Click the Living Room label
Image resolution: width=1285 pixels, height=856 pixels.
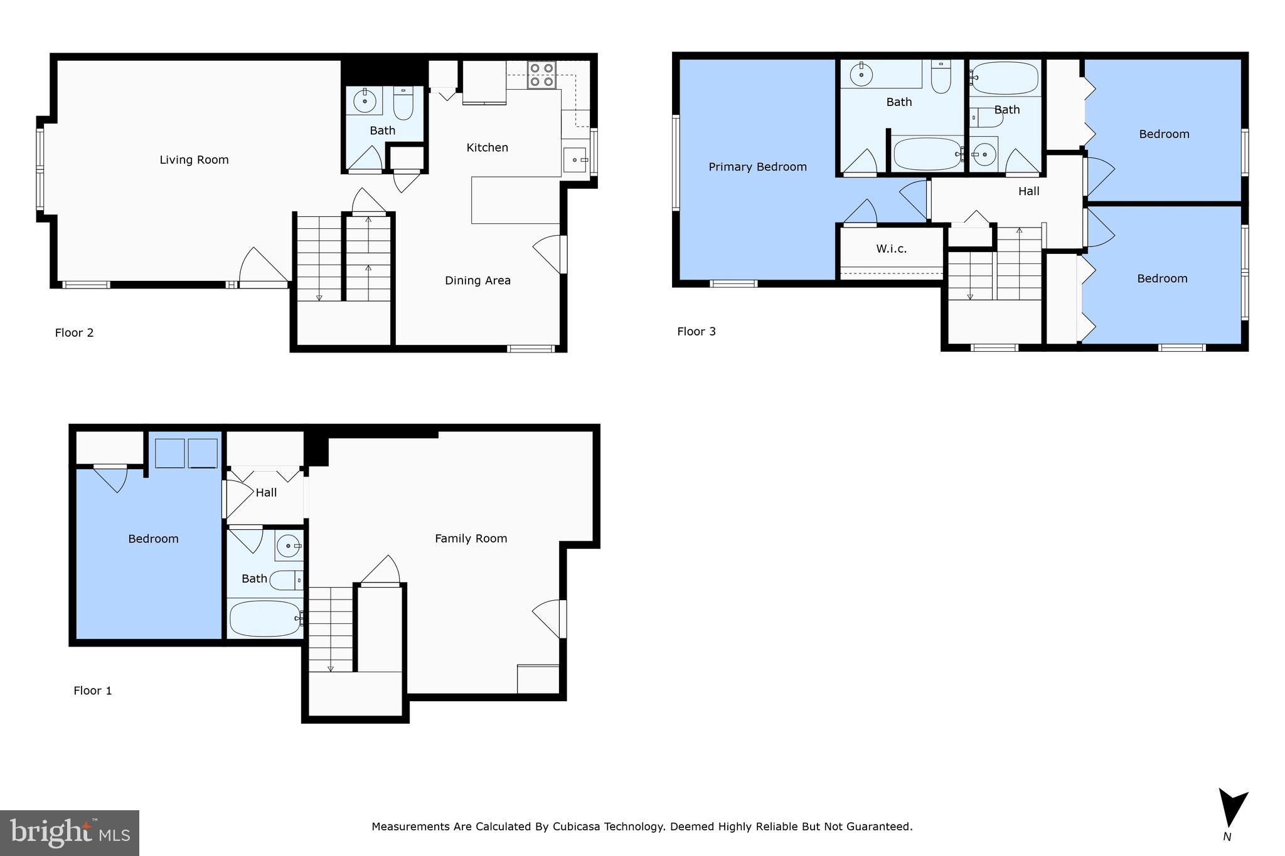(x=194, y=160)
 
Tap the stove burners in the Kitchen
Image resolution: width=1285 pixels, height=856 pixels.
(x=541, y=75)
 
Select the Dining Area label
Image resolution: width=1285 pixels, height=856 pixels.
(x=477, y=280)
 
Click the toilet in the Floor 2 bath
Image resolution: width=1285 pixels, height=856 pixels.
(x=403, y=104)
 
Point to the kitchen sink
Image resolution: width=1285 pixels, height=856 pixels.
(x=575, y=160)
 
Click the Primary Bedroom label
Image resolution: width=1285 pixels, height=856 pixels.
(x=757, y=167)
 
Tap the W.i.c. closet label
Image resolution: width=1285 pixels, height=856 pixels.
(x=891, y=249)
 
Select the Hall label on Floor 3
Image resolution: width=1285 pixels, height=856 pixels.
(x=1028, y=191)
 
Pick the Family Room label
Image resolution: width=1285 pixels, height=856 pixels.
(x=471, y=538)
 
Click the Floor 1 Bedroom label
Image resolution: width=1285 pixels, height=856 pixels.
(x=153, y=539)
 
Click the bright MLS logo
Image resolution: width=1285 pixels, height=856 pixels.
(x=69, y=833)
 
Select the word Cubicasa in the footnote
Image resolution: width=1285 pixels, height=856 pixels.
(x=577, y=827)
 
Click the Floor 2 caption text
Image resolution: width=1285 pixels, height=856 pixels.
(x=74, y=333)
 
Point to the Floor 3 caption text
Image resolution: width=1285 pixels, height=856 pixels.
(x=696, y=332)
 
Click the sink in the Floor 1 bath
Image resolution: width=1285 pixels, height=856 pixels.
(x=288, y=546)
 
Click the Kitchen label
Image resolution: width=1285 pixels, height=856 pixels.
(x=487, y=147)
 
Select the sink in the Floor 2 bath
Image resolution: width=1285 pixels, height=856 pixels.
(x=364, y=100)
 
